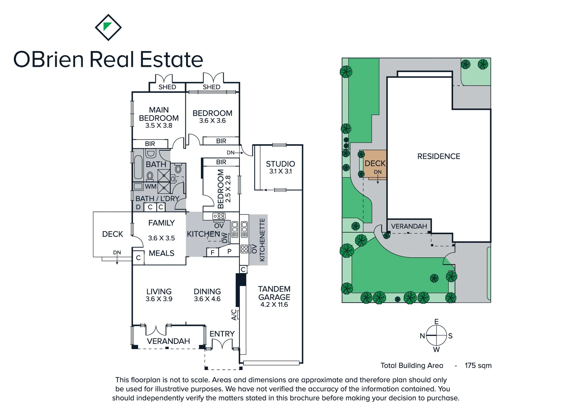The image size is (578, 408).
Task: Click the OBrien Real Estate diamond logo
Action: tap(108, 27)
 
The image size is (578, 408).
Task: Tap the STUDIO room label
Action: tap(280, 164)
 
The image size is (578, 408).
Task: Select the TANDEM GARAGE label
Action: tap(274, 293)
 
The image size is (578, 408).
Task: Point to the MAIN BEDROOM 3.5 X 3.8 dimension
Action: tap(159, 125)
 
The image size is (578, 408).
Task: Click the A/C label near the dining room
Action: tap(234, 315)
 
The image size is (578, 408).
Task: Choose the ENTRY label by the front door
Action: tap(222, 334)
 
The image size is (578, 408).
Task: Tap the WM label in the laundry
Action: tap(151, 186)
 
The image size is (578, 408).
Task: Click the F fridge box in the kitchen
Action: tap(213, 252)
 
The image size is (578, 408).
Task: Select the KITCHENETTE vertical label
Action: tap(262, 240)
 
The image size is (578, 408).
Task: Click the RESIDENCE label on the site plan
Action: tap(439, 156)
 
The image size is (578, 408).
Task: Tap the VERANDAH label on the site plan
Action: tap(409, 226)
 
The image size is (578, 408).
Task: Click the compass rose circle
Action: tap(437, 335)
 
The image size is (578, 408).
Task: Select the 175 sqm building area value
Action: tap(478, 365)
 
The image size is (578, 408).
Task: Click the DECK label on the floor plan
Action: tap(113, 234)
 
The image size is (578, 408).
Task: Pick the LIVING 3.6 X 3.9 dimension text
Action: tap(159, 299)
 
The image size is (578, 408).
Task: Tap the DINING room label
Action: tap(207, 292)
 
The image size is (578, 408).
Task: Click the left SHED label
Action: tap(167, 87)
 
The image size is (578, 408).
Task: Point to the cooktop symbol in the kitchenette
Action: tap(244, 249)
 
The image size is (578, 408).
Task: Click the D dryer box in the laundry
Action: tap(138, 207)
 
